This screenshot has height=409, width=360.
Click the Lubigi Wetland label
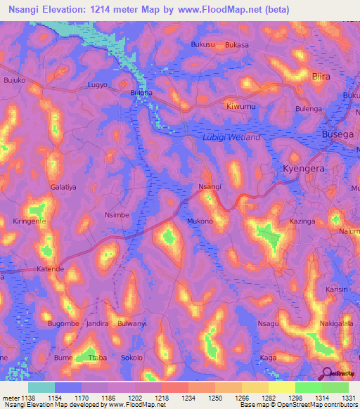231,137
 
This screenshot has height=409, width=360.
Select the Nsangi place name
210,186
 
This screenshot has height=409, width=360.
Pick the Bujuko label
14,81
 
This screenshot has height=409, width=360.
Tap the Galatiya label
63,187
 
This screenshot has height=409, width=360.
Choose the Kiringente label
30,221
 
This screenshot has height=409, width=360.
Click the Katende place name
50,269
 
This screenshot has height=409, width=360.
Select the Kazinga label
302,221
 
